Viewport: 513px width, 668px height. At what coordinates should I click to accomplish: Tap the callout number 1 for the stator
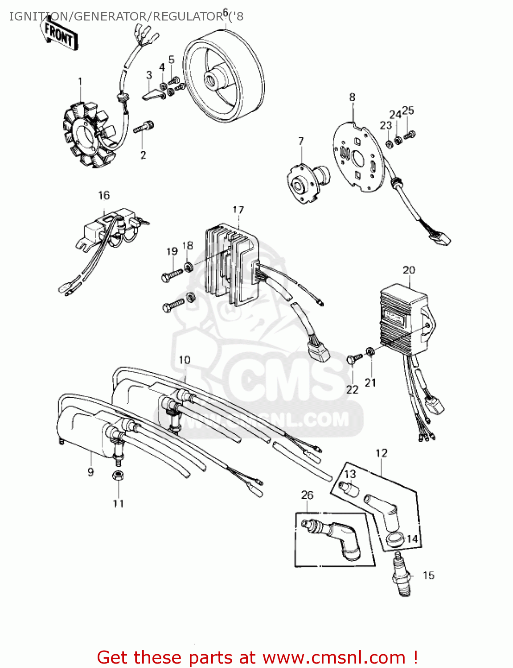[x=80, y=81]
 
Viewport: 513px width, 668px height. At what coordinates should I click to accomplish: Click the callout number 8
[x=352, y=97]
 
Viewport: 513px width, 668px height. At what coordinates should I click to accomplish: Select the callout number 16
[x=103, y=196]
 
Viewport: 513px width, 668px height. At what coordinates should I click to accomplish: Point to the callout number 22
[x=352, y=390]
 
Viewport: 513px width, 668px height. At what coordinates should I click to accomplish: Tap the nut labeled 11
[x=118, y=475]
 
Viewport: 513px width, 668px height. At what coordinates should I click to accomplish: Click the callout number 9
[x=90, y=472]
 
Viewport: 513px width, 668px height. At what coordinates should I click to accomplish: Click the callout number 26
[x=307, y=495]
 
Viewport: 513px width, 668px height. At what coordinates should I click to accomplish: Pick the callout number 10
[x=185, y=360]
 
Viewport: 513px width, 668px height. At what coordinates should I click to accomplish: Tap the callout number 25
[x=408, y=110]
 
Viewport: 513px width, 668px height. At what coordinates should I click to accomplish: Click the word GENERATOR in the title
[x=109, y=16]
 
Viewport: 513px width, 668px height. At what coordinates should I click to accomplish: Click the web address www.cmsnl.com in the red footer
[x=334, y=657]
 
